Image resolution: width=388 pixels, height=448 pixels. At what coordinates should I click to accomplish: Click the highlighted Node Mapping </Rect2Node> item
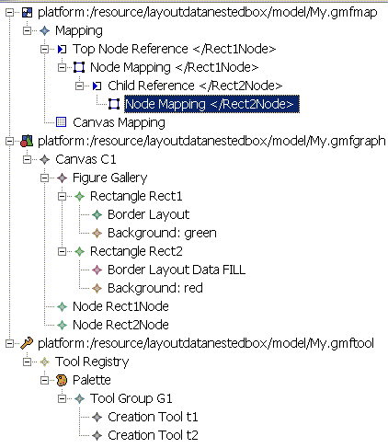(x=211, y=104)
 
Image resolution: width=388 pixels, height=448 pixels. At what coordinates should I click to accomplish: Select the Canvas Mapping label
(x=119, y=122)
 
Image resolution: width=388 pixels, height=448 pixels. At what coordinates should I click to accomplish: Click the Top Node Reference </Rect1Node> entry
(x=174, y=49)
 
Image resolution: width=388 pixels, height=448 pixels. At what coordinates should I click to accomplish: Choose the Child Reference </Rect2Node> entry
(x=195, y=86)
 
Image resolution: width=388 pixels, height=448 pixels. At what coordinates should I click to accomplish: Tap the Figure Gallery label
(x=109, y=178)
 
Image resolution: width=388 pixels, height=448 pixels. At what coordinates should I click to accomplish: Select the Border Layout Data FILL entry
(x=177, y=270)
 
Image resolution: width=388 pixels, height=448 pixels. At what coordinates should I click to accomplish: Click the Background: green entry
(x=162, y=233)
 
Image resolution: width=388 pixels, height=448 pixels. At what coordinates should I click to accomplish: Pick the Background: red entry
(x=155, y=288)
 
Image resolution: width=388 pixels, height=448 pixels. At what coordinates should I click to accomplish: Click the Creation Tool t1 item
(x=153, y=417)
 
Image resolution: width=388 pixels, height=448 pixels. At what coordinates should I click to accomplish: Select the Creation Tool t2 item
(x=153, y=435)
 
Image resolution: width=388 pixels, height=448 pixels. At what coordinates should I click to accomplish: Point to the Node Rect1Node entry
(x=120, y=306)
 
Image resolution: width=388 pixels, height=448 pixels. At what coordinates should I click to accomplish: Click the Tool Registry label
(x=92, y=362)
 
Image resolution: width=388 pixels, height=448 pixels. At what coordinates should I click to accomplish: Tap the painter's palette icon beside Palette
(x=62, y=380)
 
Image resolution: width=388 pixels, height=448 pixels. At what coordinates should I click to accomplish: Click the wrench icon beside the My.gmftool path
(x=27, y=343)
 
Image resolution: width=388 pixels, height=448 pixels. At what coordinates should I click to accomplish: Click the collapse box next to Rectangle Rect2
(x=62, y=252)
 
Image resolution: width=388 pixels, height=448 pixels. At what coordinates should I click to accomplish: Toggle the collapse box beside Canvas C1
(x=27, y=160)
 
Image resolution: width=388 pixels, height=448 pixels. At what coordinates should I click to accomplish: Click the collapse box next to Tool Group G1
(x=62, y=399)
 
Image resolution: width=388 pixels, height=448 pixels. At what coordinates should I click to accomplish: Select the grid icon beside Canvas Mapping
(x=62, y=122)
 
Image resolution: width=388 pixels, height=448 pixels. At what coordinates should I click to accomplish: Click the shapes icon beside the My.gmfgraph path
(x=27, y=141)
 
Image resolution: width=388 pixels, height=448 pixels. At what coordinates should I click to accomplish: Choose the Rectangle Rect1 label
(x=136, y=196)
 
